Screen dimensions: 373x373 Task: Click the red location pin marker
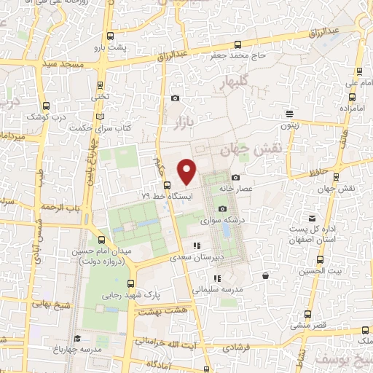coord(187,170)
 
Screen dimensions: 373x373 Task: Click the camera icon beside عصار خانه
coord(235,178)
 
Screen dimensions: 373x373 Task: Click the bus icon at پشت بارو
coord(110,36)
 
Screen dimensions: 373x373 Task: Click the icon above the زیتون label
coord(290,114)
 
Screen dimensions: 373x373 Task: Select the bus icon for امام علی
coord(359,70)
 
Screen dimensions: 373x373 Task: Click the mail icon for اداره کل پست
coord(313,219)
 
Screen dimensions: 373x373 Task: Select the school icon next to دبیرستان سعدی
coord(195,246)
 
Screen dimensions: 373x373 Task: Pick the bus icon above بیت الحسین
coord(321,259)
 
